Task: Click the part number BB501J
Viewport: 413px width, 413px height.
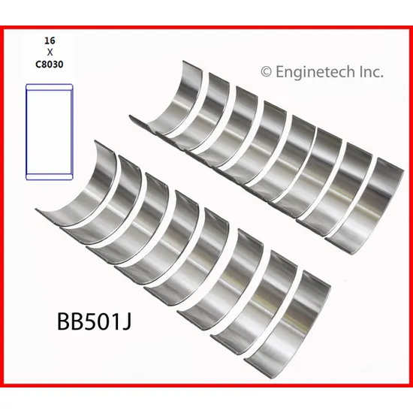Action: (x=94, y=321)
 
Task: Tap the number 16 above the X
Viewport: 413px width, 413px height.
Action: (x=50, y=41)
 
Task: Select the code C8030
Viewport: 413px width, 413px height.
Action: (x=50, y=65)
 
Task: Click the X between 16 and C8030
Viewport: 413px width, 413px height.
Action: (x=50, y=53)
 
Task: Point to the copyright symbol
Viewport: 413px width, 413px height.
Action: (x=266, y=72)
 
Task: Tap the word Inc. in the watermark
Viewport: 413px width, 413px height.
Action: (x=372, y=72)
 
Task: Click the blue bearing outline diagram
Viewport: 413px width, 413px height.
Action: (x=50, y=132)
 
